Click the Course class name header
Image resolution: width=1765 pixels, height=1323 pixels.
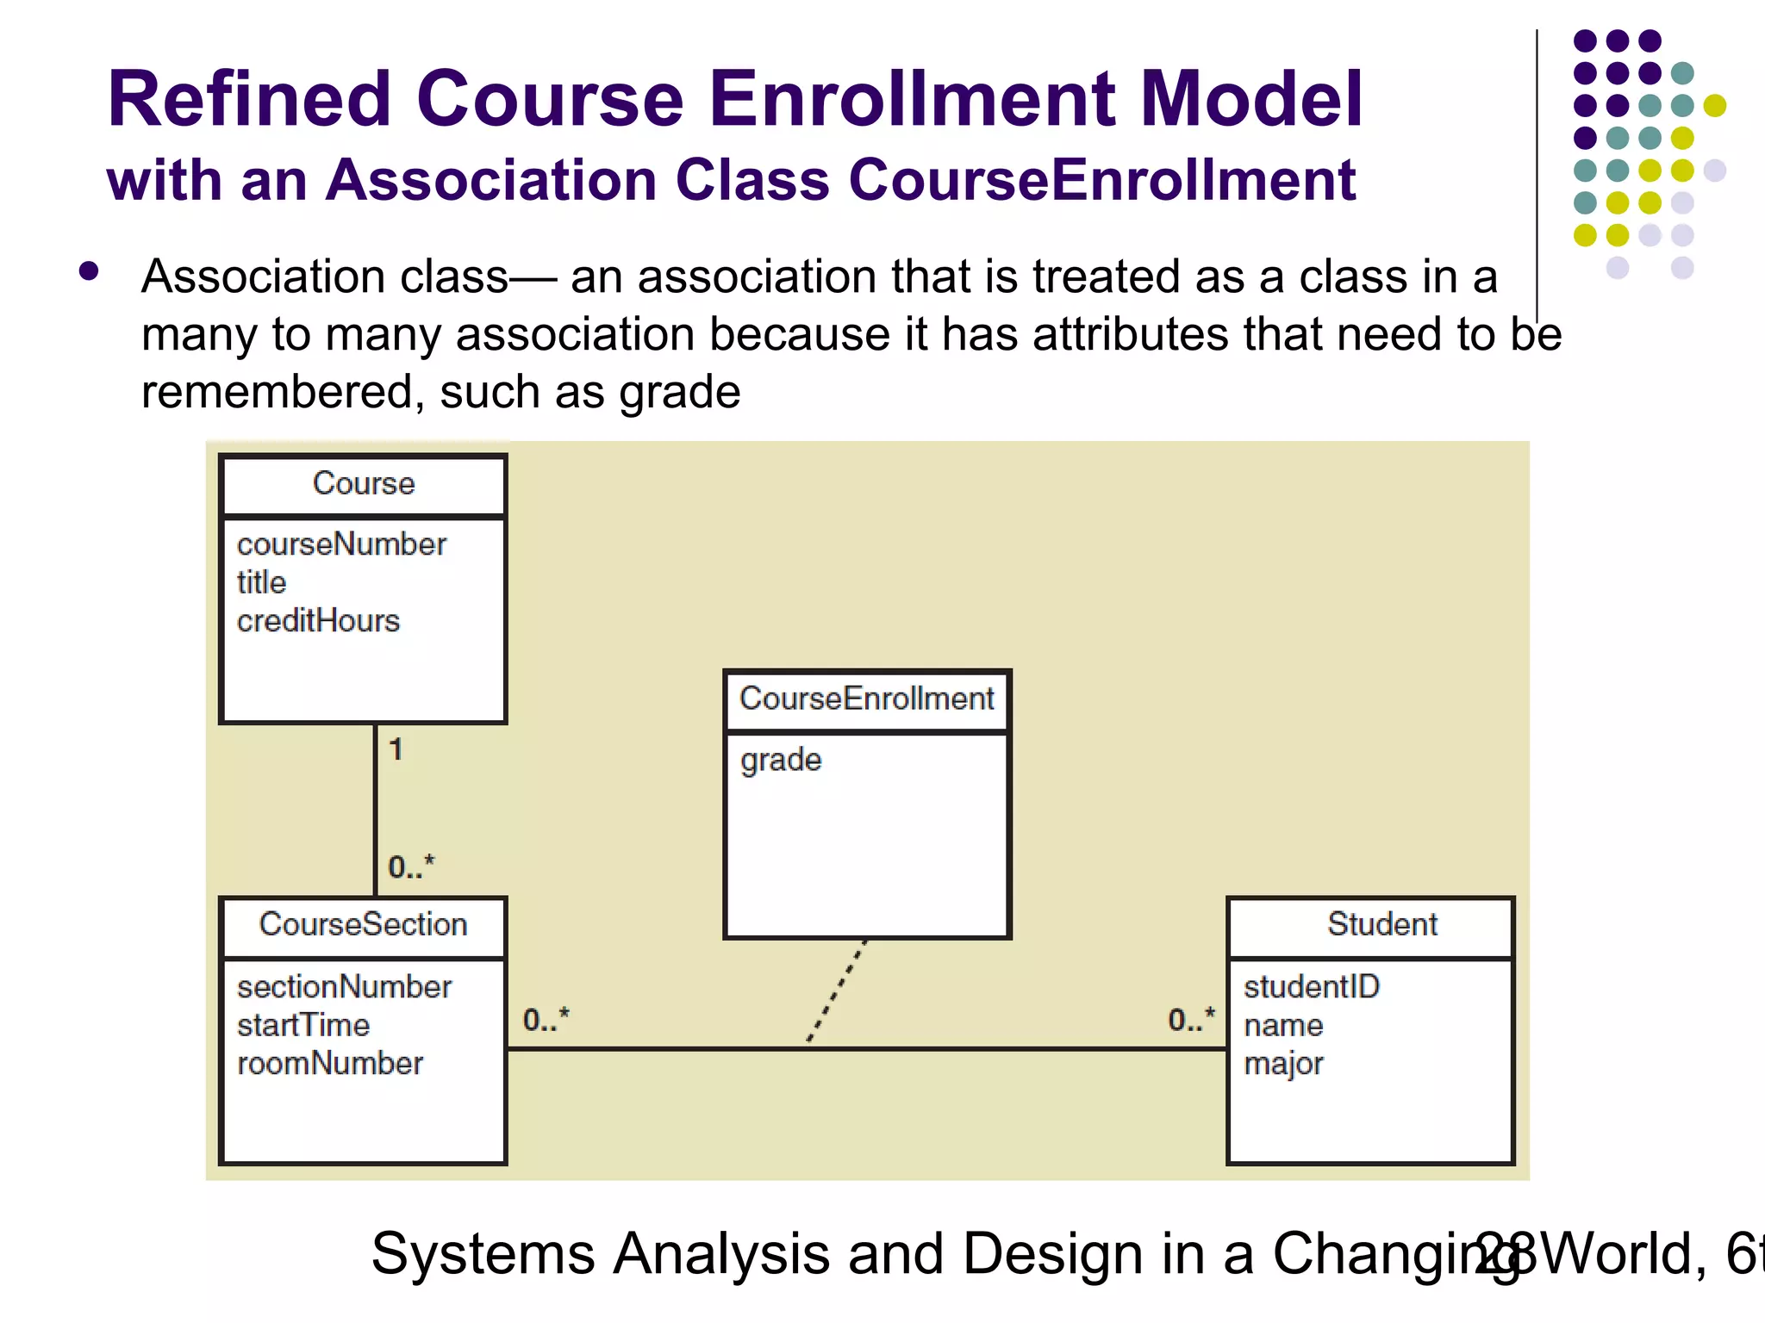coord(363,484)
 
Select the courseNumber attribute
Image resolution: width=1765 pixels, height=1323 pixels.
coord(341,544)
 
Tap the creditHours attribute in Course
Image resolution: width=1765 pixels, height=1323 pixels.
coord(318,621)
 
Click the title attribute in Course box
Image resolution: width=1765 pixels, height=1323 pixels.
coord(261,583)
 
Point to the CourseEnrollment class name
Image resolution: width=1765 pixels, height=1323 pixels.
coord(866,699)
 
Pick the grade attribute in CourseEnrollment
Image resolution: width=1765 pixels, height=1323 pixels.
coord(781,761)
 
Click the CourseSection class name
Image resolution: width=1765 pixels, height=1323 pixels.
coord(363,925)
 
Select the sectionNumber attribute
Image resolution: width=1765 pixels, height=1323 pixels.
coord(344,987)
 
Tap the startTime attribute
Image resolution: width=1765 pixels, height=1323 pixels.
coord(303,1026)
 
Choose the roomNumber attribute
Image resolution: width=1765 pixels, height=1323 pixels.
coord(330,1064)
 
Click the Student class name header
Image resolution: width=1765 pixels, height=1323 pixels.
coord(1381,925)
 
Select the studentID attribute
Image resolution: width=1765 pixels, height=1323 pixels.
coord(1311,987)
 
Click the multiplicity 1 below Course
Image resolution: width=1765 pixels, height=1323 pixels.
coord(396,749)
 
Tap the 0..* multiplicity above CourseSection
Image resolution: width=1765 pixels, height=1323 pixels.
coord(411,866)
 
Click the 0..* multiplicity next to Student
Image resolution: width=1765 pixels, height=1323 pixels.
coord(1191,1020)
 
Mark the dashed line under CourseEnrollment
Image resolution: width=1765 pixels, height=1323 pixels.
coord(837,991)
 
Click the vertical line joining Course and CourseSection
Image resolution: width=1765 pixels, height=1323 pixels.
coord(375,810)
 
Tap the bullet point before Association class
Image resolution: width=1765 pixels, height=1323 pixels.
coord(89,272)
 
